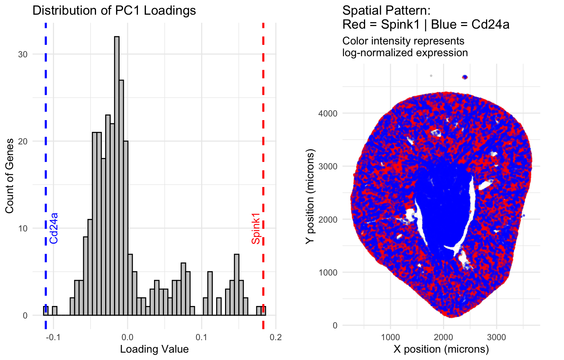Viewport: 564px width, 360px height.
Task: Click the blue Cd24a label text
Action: click(x=54, y=228)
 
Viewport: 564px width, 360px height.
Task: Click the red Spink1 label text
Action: click(x=256, y=228)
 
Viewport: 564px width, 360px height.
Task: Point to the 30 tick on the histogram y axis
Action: click(x=23, y=54)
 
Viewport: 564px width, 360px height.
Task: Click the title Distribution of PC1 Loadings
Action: click(x=114, y=10)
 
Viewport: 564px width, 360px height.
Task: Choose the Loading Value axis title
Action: click(x=154, y=349)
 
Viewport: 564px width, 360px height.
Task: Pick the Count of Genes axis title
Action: click(x=10, y=176)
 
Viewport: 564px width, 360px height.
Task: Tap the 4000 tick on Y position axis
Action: click(x=328, y=113)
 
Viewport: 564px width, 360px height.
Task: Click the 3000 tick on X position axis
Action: click(x=496, y=337)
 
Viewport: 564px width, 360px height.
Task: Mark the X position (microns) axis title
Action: click(x=441, y=349)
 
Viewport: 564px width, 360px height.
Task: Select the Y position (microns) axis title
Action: click(x=310, y=197)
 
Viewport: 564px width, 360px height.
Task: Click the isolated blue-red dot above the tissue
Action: click(x=465, y=77)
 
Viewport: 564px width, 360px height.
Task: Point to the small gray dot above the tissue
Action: click(x=431, y=76)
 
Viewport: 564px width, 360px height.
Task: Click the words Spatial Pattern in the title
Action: click(x=386, y=10)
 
